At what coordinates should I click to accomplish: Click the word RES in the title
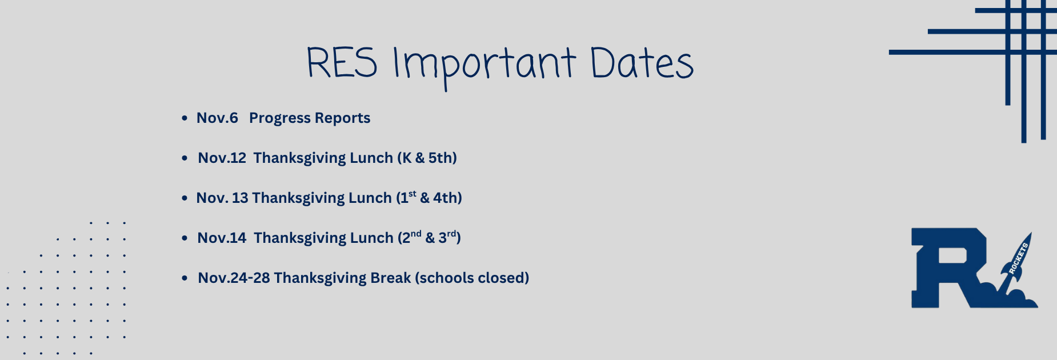342,63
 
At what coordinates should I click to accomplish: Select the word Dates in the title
641,63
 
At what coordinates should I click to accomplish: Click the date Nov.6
217,118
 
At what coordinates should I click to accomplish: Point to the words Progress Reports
310,118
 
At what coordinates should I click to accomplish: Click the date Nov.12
222,158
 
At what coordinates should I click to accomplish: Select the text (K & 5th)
427,158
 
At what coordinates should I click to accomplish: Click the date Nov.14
222,238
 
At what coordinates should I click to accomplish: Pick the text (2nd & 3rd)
429,238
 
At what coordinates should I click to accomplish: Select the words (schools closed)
472,278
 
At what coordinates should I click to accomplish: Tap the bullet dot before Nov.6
185,118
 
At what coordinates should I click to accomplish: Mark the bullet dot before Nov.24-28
185,278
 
